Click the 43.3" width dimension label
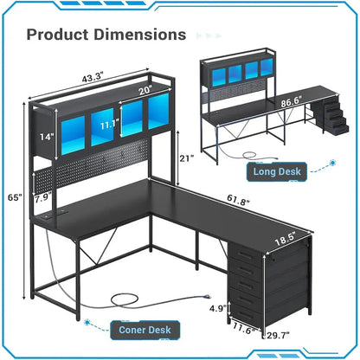[93, 77]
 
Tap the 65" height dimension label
[15, 198]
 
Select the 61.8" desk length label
[238, 199]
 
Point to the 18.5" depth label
[286, 239]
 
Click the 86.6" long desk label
[292, 101]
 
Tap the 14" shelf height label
[47, 137]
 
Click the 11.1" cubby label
[110, 125]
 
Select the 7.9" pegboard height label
[43, 199]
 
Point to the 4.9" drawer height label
[218, 309]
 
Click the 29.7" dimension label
[279, 335]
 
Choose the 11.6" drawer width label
[244, 328]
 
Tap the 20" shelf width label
[145, 91]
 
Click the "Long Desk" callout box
[277, 172]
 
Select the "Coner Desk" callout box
[145, 330]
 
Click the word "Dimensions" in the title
[140, 35]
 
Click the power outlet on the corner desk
[55, 215]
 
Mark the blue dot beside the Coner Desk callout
[87, 322]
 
